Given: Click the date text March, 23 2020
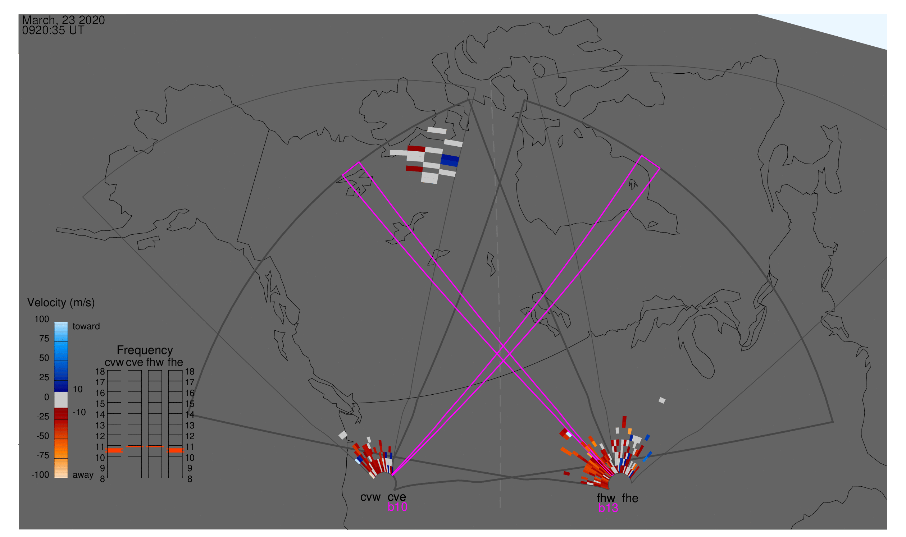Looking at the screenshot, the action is click(x=63, y=20).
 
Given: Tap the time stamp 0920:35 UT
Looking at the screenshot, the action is click(x=53, y=31).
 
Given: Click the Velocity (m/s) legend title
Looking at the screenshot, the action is click(x=61, y=303).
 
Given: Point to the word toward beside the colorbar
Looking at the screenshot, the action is click(x=86, y=326).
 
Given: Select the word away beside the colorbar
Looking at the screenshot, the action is click(x=83, y=475).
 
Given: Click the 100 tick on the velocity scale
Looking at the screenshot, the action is click(x=42, y=319).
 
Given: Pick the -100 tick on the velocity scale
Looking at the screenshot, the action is click(x=40, y=475).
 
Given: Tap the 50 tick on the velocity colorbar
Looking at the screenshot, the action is click(x=44, y=358).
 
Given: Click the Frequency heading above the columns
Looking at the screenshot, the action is click(x=145, y=350).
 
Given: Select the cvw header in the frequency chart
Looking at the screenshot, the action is click(x=114, y=363).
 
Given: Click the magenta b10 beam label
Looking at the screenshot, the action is click(x=397, y=507).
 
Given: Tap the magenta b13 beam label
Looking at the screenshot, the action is click(x=608, y=508).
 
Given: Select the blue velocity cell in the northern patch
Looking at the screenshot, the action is click(x=450, y=161).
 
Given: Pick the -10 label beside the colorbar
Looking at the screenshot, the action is click(x=79, y=413).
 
